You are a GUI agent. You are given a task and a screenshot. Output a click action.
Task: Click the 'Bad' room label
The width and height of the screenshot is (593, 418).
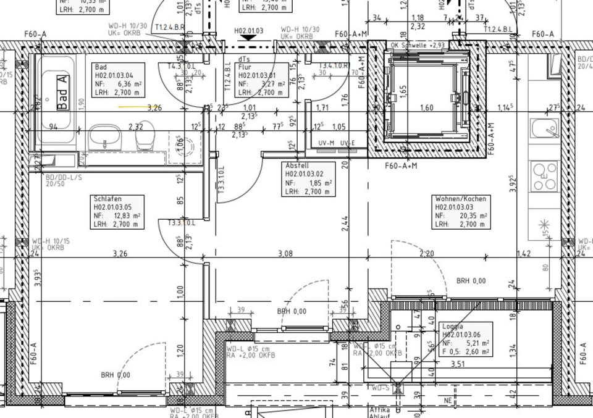100,67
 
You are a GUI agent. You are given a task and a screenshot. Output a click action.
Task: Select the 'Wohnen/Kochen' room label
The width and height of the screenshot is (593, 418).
460,199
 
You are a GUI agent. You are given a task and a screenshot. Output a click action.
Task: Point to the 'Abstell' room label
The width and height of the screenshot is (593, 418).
296,166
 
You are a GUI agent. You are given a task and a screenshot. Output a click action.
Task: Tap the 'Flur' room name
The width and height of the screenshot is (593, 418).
245,67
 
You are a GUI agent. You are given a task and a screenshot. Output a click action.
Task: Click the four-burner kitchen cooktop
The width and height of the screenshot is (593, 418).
544,177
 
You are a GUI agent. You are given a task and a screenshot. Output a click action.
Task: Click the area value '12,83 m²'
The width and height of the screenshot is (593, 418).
124,216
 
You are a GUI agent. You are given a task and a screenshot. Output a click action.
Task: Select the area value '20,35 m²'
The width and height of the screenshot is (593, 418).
470,216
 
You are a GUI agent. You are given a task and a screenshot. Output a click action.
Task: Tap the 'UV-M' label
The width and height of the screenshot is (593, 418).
326,143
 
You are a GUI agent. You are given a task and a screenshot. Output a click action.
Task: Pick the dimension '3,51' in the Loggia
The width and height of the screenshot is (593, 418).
458,364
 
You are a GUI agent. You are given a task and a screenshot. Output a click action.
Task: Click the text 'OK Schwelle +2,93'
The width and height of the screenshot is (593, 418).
418,45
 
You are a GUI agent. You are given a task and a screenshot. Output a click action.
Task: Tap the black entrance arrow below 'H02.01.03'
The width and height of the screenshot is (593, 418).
248,38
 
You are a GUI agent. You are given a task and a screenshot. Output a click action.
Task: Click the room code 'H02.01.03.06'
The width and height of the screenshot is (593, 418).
466,335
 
